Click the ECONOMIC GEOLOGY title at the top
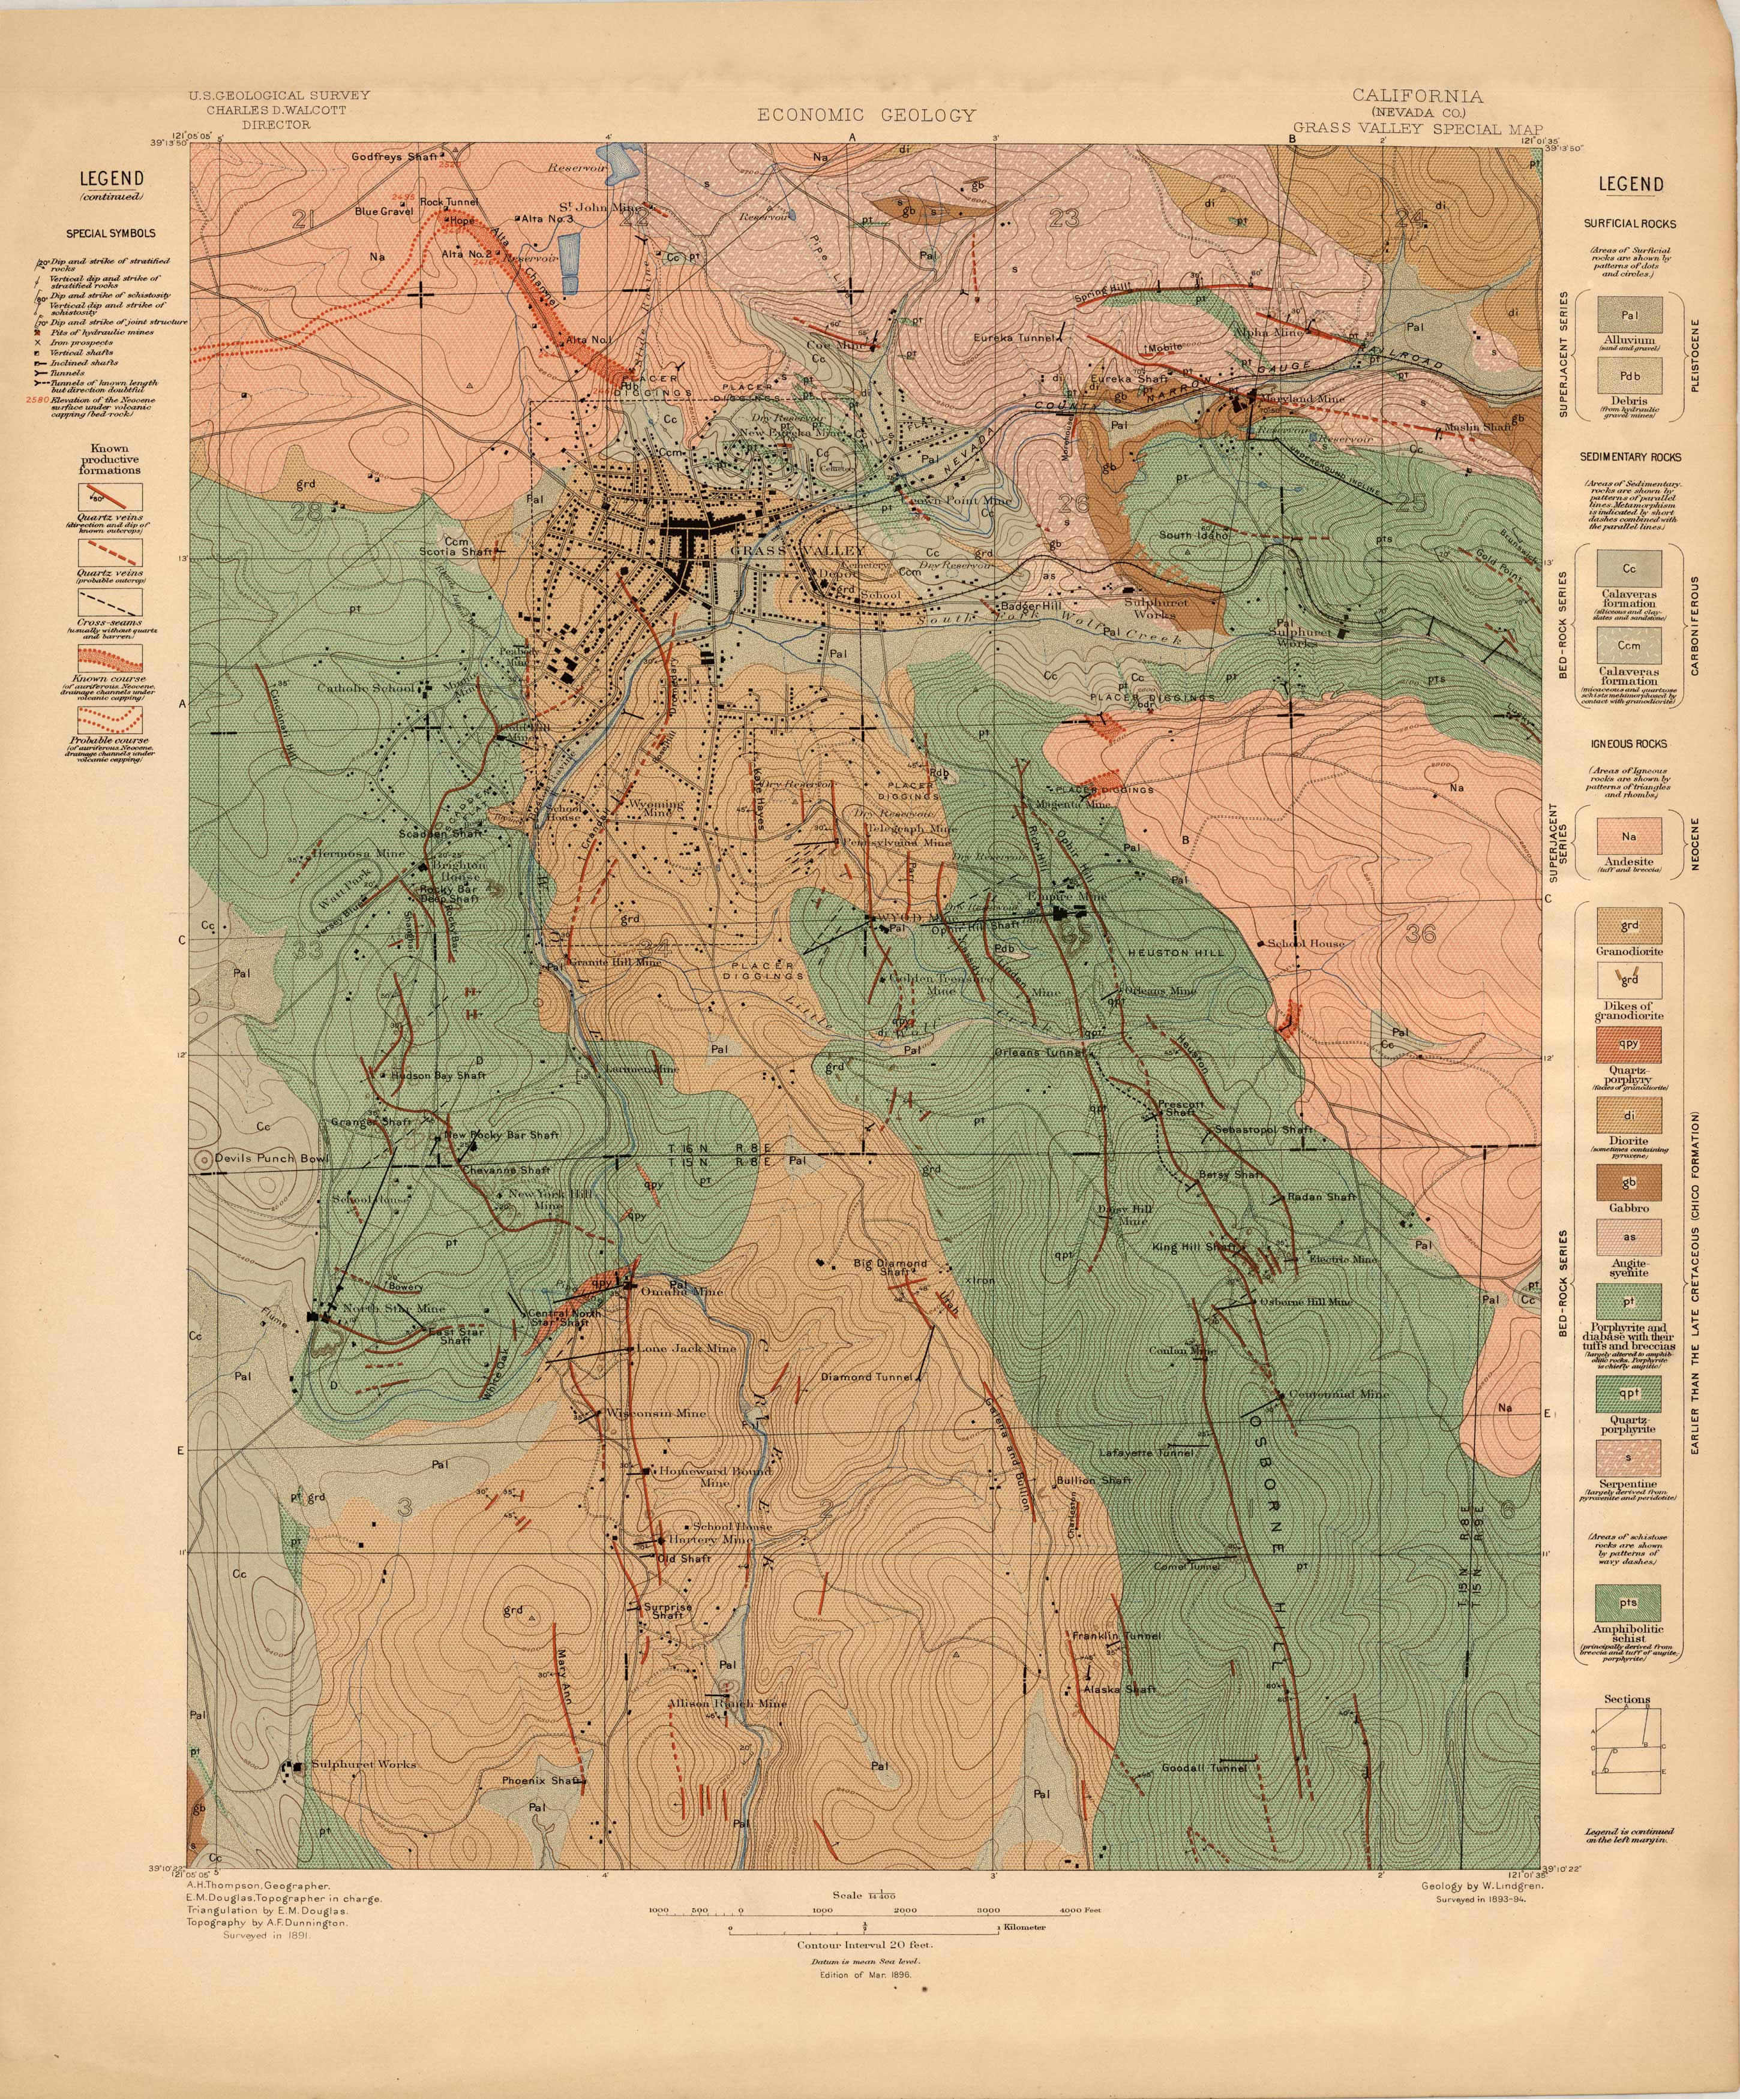pyautogui.click(x=866, y=115)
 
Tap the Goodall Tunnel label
pyautogui.click(x=1204, y=1767)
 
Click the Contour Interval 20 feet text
pyautogui.click(x=866, y=1945)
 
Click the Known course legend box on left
pyautogui.click(x=111, y=658)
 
